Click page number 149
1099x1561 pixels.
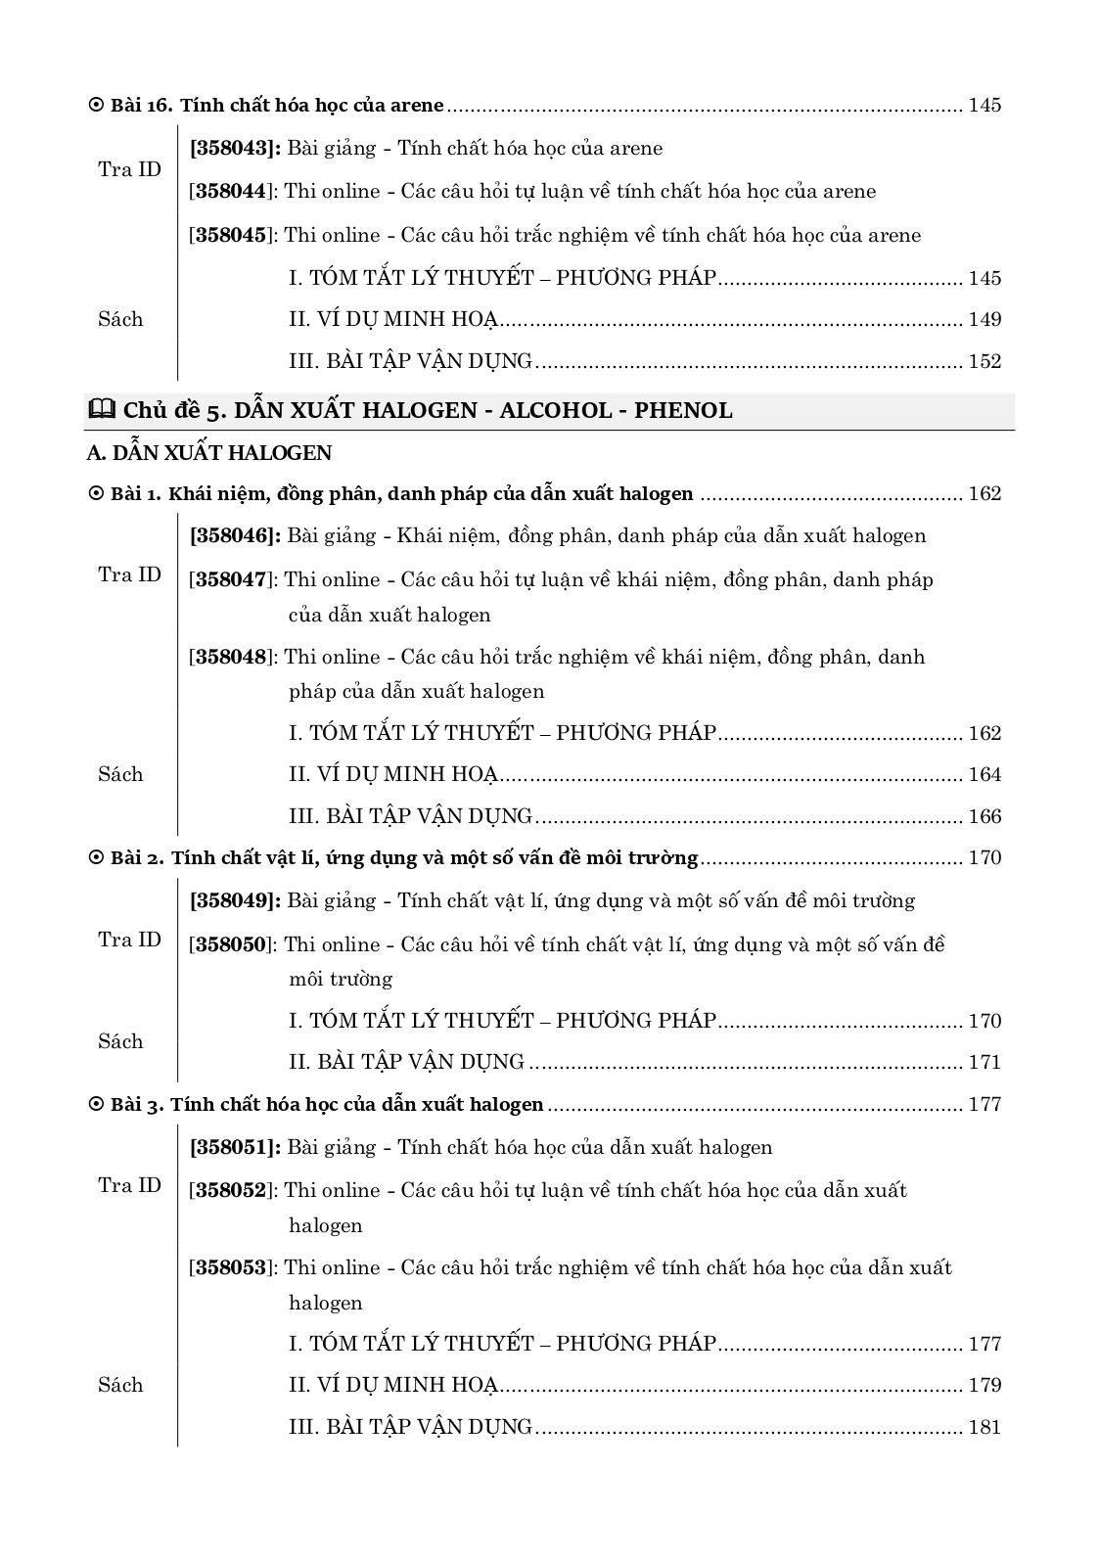click(985, 320)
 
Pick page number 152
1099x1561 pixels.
click(985, 361)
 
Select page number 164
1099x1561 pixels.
click(985, 775)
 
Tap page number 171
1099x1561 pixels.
click(985, 1062)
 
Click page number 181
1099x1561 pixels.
click(985, 1427)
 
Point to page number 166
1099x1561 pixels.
click(985, 816)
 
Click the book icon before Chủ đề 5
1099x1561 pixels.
click(101, 410)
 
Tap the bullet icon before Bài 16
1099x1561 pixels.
click(96, 105)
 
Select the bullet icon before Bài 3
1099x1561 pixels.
click(96, 1105)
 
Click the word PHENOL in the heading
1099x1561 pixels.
click(683, 411)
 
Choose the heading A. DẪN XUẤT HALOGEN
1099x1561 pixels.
click(209, 453)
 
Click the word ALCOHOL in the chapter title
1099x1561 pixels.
click(553, 411)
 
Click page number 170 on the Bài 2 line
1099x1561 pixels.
click(985, 858)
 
